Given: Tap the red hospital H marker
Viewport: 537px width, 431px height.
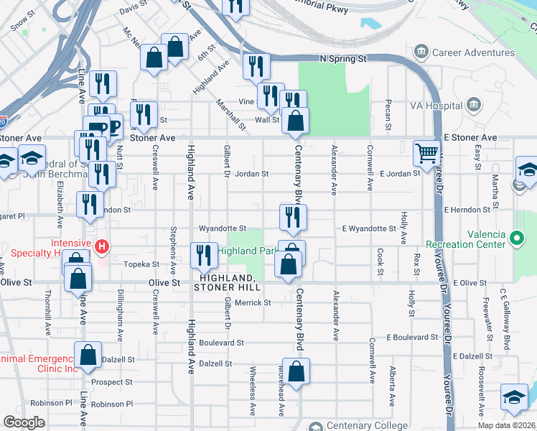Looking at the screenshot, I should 102,247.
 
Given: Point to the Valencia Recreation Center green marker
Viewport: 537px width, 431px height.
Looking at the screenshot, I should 516,236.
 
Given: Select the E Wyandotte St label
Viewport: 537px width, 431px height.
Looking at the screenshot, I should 368,228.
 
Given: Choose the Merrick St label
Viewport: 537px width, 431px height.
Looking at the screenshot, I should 253,302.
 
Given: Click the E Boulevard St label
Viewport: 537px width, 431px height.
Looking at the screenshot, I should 412,337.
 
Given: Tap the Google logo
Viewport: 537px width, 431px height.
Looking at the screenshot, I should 24,422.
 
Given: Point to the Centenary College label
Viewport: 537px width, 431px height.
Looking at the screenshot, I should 353,426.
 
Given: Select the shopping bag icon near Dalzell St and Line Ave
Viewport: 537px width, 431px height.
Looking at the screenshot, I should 88,356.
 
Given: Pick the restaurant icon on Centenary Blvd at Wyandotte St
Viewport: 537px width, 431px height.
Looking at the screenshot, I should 293,218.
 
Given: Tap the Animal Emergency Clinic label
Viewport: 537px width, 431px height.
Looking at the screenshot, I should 37,363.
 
